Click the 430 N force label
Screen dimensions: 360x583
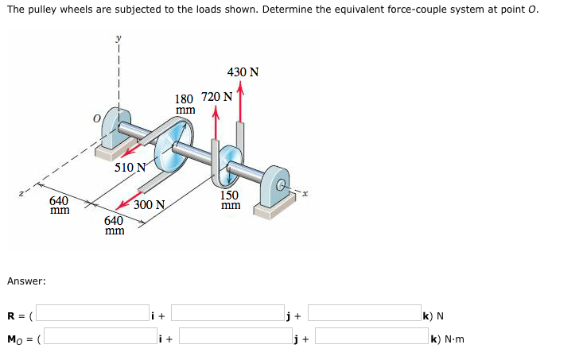[x=243, y=72]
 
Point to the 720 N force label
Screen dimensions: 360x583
[x=216, y=97]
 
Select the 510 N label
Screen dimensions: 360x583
[x=130, y=168]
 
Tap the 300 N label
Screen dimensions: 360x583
[x=149, y=205]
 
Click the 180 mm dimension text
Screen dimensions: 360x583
[x=185, y=105]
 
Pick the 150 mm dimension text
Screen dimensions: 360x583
[x=230, y=200]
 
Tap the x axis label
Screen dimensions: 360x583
[x=304, y=192]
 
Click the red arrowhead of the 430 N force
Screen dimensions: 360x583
[x=240, y=88]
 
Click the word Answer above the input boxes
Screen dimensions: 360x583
[x=26, y=281]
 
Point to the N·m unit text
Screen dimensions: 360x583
[x=450, y=339]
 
